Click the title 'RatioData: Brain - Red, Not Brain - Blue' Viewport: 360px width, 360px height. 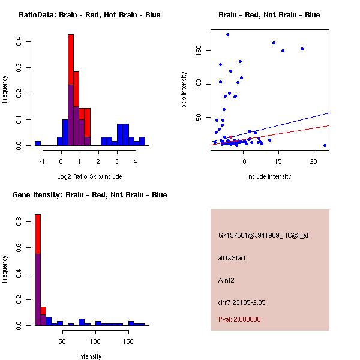(x=89, y=14)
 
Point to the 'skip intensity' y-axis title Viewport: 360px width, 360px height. (x=184, y=90)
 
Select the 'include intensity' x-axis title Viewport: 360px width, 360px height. (x=269, y=176)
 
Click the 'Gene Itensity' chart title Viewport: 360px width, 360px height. (x=89, y=194)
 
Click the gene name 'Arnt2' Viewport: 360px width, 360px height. (x=227, y=280)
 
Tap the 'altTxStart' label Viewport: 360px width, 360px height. (x=232, y=258)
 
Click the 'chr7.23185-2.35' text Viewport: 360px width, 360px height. (x=242, y=302)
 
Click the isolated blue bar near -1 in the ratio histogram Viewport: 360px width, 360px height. (x=38, y=143)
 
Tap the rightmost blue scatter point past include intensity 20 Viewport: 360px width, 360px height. (x=325, y=145)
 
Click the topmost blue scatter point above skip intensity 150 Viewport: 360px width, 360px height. (x=227, y=34)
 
